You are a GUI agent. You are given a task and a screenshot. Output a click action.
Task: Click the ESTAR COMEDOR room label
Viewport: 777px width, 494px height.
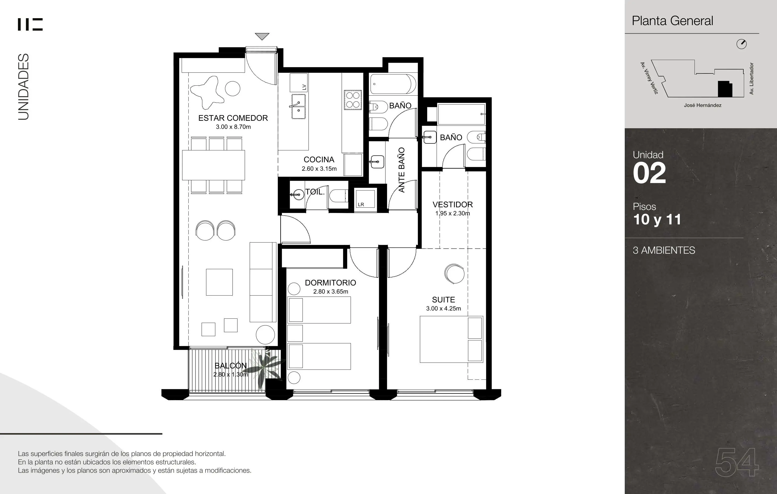[233, 118]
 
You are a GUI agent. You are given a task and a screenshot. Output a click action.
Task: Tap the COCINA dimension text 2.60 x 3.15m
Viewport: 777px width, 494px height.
[319, 169]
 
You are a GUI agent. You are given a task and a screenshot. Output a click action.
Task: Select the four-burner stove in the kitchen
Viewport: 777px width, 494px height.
[352, 100]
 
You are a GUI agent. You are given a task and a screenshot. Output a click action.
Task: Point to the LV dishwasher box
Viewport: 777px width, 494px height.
[299, 83]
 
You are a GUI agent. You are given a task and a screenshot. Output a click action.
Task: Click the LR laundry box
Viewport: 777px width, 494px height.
[365, 198]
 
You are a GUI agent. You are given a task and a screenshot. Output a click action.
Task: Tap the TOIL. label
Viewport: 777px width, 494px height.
[315, 192]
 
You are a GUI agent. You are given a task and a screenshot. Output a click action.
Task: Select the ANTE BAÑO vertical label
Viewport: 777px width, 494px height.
[401, 170]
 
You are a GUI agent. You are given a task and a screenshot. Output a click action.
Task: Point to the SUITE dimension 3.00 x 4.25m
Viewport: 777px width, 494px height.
[443, 309]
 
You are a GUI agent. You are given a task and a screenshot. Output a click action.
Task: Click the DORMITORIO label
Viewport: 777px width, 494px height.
[330, 283]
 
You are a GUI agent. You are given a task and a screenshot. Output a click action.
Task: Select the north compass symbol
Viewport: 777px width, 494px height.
[742, 44]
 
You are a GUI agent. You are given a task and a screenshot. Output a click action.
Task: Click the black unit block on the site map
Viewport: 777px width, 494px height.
[725, 89]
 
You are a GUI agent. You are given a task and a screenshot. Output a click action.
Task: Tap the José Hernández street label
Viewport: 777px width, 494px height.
[702, 105]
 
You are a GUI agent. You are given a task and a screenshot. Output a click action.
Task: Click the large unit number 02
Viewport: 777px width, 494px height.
[649, 173]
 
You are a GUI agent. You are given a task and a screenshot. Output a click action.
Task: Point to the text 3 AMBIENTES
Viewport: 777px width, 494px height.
[664, 250]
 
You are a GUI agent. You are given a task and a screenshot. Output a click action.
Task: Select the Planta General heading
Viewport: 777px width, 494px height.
[672, 21]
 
